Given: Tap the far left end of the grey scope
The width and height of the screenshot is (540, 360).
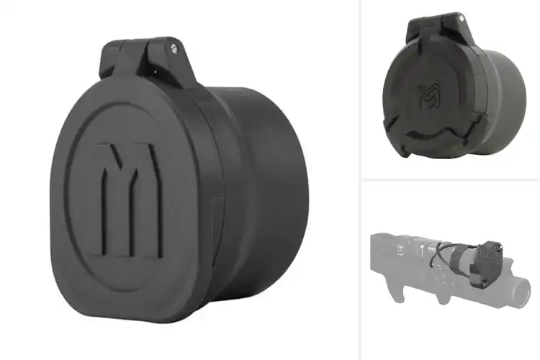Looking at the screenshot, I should pyautogui.click(x=374, y=252).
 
